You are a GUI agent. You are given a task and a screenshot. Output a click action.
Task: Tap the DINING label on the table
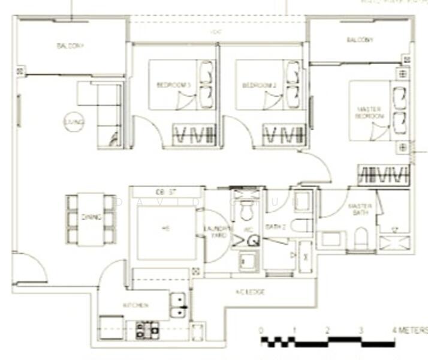click(91, 218)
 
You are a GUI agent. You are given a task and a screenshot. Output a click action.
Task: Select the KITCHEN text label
click(135, 305)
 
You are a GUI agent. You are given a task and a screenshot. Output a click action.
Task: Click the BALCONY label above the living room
click(70, 46)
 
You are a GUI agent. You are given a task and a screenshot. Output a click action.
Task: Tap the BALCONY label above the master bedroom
click(360, 40)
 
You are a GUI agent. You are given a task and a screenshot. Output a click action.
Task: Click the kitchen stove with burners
click(146, 328)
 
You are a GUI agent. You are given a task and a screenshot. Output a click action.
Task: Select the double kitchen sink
click(178, 305)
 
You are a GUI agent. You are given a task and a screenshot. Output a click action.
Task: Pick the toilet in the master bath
click(361, 239)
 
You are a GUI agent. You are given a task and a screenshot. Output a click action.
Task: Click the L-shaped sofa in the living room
click(105, 114)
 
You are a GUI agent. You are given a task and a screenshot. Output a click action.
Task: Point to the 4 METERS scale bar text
click(411, 331)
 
